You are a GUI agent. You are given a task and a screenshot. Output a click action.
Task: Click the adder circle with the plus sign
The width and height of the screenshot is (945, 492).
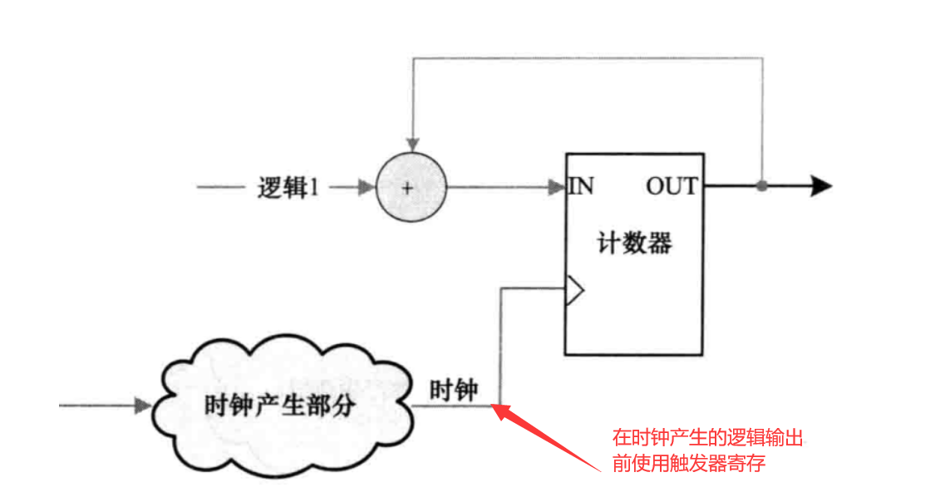411,187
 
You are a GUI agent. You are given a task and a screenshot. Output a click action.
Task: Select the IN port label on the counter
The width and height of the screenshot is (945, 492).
581,185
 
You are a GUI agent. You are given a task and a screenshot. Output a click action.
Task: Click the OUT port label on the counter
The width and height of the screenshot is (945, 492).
672,185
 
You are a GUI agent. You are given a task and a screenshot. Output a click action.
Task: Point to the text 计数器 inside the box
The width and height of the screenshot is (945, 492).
633,244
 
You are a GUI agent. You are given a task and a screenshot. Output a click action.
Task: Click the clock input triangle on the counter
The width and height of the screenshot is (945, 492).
574,290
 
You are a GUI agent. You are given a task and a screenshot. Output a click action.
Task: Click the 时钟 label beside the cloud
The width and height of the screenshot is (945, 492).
454,389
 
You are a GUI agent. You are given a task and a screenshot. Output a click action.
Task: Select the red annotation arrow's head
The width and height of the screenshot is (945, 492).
500,410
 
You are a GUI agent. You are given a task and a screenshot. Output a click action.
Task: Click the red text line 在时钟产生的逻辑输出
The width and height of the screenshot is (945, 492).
707,438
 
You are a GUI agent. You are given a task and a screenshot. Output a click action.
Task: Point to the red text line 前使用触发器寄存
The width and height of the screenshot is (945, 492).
689,464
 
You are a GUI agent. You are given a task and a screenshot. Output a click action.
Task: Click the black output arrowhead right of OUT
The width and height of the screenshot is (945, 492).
820,186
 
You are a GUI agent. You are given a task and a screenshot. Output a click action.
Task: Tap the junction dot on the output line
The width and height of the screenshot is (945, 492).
761,186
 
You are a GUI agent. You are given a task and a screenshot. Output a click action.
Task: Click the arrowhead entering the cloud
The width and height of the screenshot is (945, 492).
142,406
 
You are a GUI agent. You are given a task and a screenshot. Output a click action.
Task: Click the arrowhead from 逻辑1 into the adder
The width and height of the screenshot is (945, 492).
367,188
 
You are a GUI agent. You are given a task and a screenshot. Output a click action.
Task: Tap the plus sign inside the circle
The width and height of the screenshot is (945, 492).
407,188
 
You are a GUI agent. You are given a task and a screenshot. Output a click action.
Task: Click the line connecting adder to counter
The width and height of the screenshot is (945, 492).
499,187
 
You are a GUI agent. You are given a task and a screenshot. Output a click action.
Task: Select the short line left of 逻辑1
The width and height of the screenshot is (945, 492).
219,188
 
